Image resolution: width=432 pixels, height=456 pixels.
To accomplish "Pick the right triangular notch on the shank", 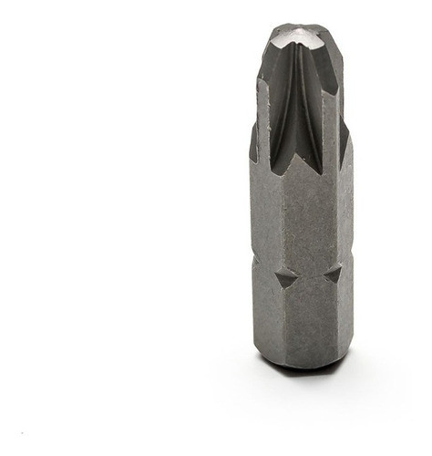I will coord(334,274).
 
